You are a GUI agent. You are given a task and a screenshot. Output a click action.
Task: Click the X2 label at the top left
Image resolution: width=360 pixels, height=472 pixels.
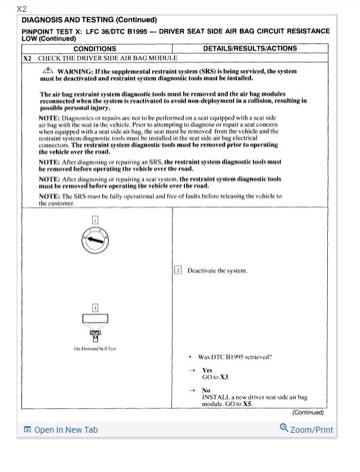point(22,9)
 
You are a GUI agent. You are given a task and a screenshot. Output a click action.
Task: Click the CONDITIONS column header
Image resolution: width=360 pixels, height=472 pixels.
point(95,49)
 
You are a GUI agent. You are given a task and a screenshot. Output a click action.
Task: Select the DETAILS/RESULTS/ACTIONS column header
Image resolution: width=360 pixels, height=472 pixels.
point(250,48)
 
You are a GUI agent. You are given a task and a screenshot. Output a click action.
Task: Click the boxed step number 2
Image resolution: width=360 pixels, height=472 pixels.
point(178,270)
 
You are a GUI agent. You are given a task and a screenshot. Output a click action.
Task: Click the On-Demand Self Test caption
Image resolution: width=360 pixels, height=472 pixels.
point(95,348)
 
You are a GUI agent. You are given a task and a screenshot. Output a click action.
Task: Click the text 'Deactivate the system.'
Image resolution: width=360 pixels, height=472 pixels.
point(217,270)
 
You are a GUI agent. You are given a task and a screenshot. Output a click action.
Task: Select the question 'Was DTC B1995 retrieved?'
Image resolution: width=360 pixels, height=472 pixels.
point(234,357)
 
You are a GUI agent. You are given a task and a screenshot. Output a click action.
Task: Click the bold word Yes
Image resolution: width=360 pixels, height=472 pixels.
point(207,370)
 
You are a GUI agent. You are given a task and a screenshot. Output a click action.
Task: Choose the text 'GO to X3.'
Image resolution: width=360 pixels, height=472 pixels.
point(215,377)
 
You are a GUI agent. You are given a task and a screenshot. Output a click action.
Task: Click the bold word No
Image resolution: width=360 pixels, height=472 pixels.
point(206,391)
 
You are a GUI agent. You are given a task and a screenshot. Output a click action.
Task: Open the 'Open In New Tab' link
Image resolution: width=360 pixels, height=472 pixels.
point(61,430)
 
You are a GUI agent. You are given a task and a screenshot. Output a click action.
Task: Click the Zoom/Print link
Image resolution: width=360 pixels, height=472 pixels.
point(311,429)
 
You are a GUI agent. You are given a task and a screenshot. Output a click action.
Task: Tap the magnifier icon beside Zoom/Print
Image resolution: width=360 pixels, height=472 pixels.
point(284,429)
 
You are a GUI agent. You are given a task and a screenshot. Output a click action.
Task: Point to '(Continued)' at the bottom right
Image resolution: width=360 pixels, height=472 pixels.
point(308,412)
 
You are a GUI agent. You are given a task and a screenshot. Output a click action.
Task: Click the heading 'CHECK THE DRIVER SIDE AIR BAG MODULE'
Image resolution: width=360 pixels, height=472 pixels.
point(108,58)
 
